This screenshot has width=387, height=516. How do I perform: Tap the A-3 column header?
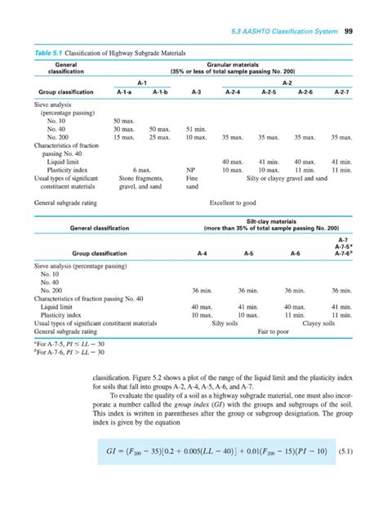tap(193, 92)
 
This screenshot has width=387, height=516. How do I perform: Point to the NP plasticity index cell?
tap(192, 169)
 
